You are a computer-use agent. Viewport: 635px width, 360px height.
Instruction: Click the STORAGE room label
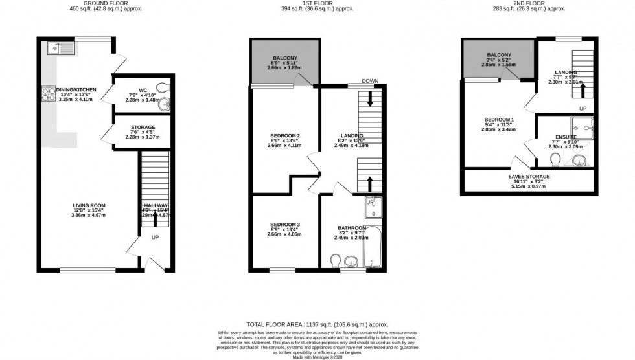[143, 128]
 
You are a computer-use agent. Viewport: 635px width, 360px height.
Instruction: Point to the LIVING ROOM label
[89, 206]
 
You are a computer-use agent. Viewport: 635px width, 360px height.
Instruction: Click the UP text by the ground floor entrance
[156, 238]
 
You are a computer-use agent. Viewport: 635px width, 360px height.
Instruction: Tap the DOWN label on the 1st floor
[370, 81]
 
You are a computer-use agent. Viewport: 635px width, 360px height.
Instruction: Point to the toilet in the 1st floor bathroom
[334, 260]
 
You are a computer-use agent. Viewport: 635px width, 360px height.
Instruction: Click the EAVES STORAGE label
[529, 176]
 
